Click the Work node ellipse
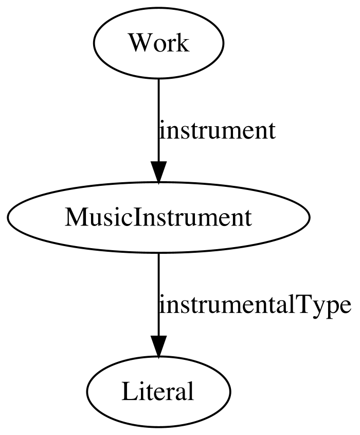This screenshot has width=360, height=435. point(158,43)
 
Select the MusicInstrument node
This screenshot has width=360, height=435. point(158,217)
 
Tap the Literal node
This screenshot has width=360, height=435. point(158,391)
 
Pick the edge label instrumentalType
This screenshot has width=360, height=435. point(255,305)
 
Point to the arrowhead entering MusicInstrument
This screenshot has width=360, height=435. point(158,172)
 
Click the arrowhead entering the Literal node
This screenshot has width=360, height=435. point(158,346)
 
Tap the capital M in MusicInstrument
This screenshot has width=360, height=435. point(75,217)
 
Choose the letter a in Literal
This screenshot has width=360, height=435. point(180,394)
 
